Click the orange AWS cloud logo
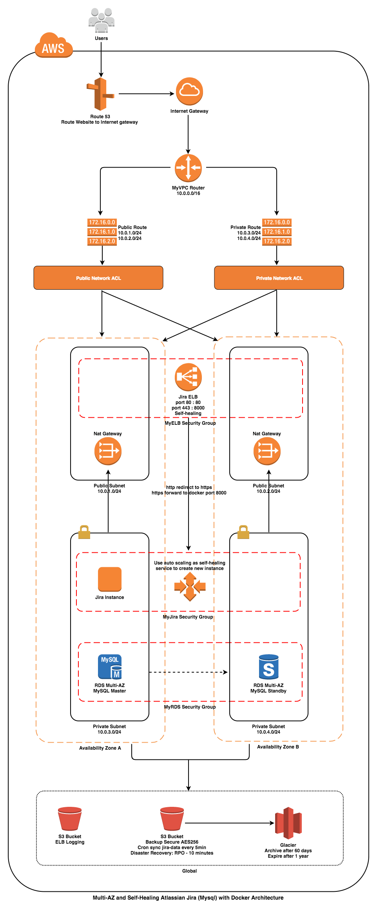coord(54,46)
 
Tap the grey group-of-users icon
coord(101,20)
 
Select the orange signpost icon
coord(101,94)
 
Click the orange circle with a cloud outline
coord(189,91)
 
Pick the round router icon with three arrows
coord(188,168)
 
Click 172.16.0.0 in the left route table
coord(102,222)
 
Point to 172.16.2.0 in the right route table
coord(277,241)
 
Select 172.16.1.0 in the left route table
coord(102,232)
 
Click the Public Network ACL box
coord(98,278)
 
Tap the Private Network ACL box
coord(279,278)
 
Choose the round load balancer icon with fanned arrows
coord(188,377)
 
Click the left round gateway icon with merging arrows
coord(108,451)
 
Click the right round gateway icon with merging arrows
coord(267,451)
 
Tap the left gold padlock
coord(84,532)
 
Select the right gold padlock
coord(243,532)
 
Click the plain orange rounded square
coord(110,579)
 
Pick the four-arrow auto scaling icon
coord(190,586)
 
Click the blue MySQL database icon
coord(110,667)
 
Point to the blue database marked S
coord(269,667)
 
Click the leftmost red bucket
coord(70,819)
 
